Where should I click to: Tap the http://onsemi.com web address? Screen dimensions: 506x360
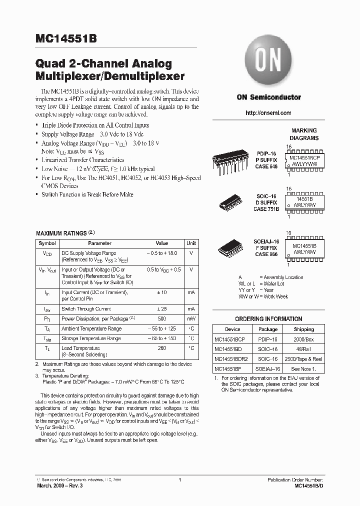click(268, 113)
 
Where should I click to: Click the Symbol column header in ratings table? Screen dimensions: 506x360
click(47, 243)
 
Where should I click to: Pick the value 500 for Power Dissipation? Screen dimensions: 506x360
click(161, 318)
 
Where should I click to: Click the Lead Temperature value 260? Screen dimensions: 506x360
click(161, 348)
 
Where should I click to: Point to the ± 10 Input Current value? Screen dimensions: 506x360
click(161, 292)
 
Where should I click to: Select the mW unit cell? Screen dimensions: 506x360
click(191, 318)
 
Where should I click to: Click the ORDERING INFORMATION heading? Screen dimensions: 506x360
click(268, 319)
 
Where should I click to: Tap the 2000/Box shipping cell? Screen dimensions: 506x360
click(303, 339)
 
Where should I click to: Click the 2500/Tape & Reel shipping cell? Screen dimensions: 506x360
click(303, 359)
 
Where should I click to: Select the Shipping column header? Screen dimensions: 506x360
click(303, 329)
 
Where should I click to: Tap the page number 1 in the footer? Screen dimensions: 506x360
click(179, 480)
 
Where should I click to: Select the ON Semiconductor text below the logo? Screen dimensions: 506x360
click(268, 97)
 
